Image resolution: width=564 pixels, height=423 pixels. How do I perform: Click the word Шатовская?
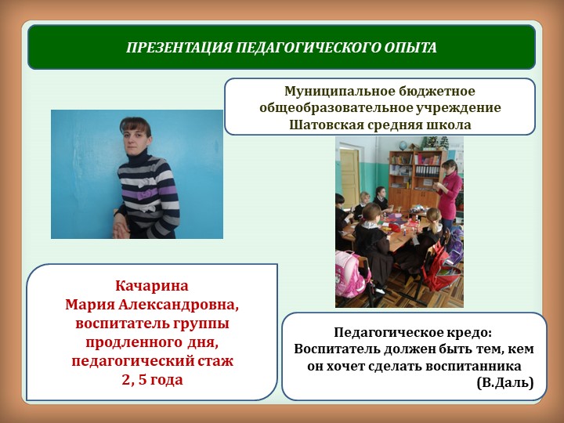point(324,123)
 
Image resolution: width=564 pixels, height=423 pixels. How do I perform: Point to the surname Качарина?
point(152,285)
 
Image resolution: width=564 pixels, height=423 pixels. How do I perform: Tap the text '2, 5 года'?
point(152,380)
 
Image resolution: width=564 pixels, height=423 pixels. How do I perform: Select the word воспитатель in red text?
point(117,323)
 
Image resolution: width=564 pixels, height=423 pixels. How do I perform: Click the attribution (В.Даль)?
point(504,382)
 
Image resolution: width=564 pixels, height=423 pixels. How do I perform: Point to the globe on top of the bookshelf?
point(428,143)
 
